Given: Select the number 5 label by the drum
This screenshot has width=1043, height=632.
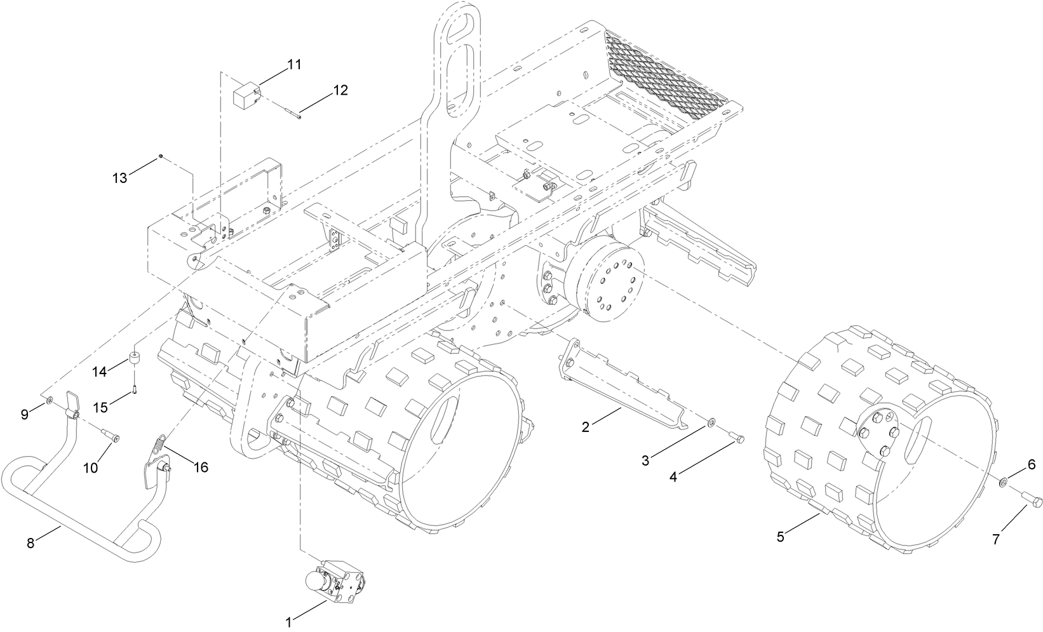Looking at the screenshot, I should (781, 537).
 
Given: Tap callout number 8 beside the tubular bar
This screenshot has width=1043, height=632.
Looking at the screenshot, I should (30, 543).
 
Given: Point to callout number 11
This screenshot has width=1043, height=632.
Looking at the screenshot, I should (294, 65).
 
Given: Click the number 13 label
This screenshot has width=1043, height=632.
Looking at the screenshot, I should (120, 178).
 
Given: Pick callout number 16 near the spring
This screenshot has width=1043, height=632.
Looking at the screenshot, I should (201, 467).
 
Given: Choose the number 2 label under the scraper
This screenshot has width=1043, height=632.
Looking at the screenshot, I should (585, 427).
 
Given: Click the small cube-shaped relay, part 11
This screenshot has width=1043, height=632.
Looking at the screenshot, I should (245, 97).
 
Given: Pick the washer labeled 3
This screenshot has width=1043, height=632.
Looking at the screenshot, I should (710, 422).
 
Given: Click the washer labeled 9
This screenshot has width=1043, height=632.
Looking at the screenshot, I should (49, 401).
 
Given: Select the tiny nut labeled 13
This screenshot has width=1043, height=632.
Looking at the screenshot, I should (161, 156).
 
